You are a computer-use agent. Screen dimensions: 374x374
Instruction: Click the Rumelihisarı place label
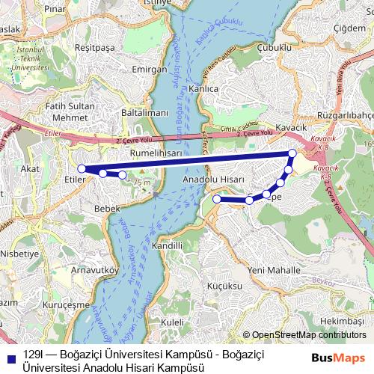(x=156, y=152)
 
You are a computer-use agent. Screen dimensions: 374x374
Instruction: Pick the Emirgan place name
(x=149, y=69)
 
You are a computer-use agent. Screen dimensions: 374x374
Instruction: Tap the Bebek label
(x=107, y=209)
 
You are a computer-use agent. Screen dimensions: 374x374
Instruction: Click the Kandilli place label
(x=167, y=245)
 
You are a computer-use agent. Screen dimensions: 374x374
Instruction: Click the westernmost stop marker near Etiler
(x=82, y=169)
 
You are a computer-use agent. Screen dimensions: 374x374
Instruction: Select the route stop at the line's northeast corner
(x=292, y=153)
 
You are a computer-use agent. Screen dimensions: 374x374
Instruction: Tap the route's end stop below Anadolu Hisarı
(x=216, y=199)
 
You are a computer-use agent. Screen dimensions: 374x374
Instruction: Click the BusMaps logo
(x=339, y=358)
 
